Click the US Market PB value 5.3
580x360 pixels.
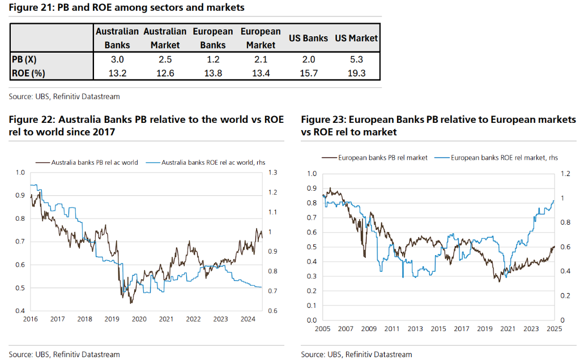(x=356, y=59)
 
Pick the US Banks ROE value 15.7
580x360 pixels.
(x=308, y=72)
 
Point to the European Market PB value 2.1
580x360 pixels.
(x=261, y=59)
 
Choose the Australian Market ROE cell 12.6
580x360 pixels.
(x=165, y=72)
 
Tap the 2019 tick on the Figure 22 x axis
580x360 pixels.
(x=112, y=319)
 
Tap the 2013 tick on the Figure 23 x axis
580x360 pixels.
(x=415, y=329)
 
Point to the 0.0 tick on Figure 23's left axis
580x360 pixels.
(x=311, y=320)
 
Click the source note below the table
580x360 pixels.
(x=64, y=97)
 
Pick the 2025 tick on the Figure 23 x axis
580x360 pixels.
(x=554, y=329)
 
